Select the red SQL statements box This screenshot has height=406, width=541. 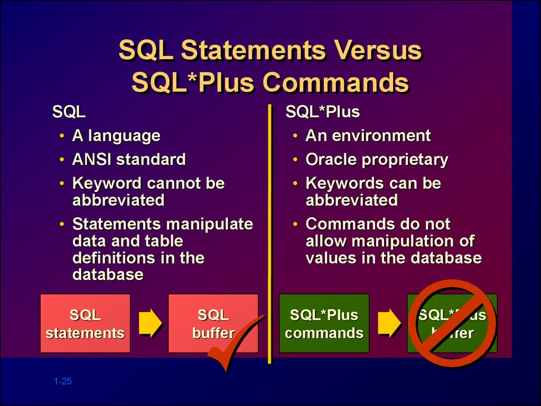[85, 324]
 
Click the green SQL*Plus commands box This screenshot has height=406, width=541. [324, 324]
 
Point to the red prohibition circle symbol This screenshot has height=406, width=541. [452, 324]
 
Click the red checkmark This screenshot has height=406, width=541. [235, 344]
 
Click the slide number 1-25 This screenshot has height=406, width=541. [62, 382]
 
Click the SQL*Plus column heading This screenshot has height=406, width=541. [322, 113]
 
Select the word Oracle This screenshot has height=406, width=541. [332, 160]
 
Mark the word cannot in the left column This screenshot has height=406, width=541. [172, 183]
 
